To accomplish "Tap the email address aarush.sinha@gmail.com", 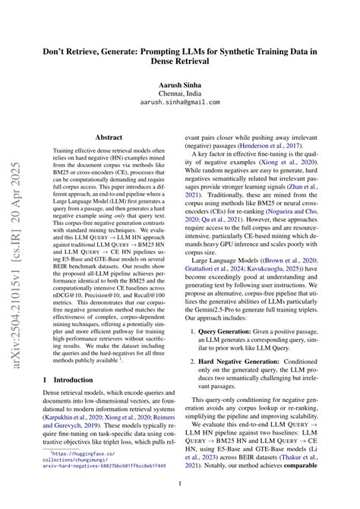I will click(180, 100).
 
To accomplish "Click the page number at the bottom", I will click(180, 483).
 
